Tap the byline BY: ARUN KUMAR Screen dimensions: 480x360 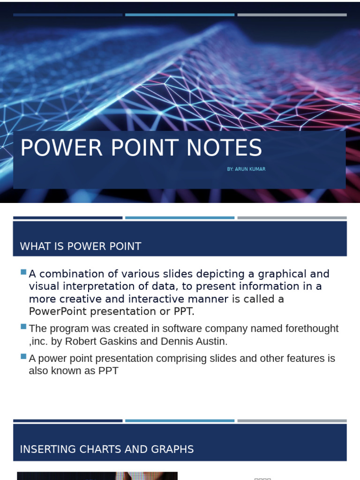[x=246, y=169]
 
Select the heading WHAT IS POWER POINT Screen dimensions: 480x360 [x=81, y=247]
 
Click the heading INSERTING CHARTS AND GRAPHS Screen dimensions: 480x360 [x=107, y=449]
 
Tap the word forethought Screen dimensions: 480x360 [x=311, y=329]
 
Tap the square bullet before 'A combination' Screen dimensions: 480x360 [x=23, y=272]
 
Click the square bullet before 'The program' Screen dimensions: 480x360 [x=23, y=326]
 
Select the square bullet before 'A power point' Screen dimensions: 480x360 [x=23, y=356]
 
